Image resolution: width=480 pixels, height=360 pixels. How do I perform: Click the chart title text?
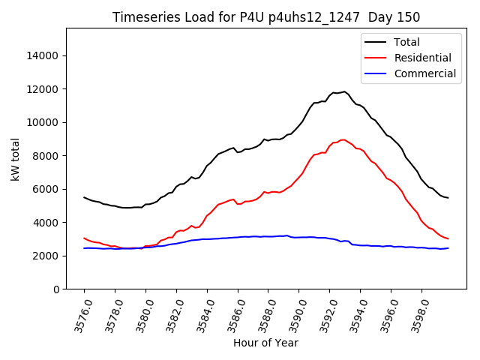266,17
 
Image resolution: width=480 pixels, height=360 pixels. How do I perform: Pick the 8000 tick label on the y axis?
46,156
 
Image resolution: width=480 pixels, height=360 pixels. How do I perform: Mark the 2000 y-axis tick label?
46,256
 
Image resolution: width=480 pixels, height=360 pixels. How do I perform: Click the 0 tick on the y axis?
56,289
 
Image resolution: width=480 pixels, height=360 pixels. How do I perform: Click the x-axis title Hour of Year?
265,343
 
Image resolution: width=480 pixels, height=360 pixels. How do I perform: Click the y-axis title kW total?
16,158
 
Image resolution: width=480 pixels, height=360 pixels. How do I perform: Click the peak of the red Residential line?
343,139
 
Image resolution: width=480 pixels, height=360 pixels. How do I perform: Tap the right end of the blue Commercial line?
448,248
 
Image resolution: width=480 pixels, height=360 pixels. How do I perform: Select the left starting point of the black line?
84,197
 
